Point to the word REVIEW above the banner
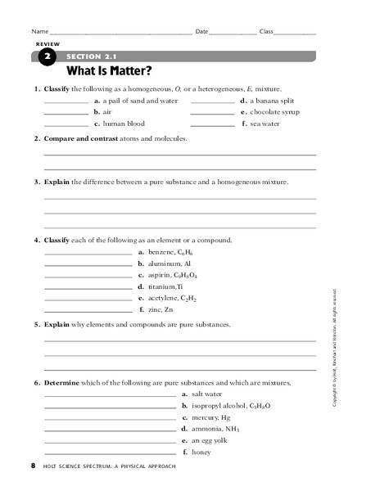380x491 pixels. [47, 43]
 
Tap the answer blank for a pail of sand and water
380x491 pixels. [66, 102]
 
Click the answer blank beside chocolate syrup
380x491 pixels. [212, 114]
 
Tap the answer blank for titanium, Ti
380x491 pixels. [87, 289]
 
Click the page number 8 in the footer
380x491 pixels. [33, 466]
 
